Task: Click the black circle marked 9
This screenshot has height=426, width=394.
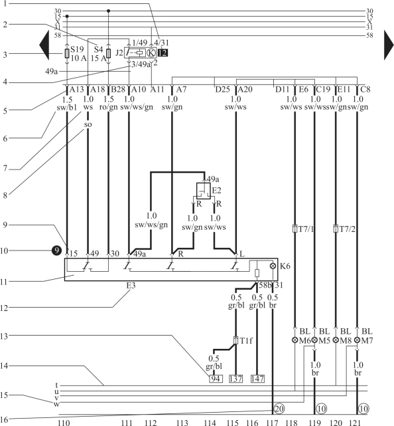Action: click(56, 251)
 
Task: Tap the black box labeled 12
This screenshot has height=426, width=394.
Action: click(163, 53)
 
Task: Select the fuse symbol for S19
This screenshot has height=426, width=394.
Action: click(67, 53)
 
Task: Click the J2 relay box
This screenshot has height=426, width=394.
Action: click(135, 53)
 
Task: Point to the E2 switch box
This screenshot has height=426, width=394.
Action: click(204, 191)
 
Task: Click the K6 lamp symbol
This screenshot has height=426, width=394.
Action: click(273, 266)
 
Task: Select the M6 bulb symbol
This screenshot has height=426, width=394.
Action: click(295, 340)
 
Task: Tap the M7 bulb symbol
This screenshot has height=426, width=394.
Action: click(357, 340)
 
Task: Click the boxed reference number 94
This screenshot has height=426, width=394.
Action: click(216, 379)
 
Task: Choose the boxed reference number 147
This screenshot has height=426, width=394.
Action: click(257, 379)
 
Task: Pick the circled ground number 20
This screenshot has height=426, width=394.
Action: click(279, 408)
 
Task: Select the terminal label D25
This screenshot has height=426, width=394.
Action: click(222, 89)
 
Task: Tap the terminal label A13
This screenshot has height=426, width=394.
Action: click(77, 89)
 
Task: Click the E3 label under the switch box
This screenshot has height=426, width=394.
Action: click(131, 286)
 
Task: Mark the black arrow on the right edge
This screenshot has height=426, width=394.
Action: click(389, 45)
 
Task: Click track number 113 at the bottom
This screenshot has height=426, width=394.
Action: click(182, 423)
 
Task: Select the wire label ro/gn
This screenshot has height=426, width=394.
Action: click(109, 107)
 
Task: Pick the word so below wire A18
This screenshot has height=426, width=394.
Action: click(88, 124)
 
